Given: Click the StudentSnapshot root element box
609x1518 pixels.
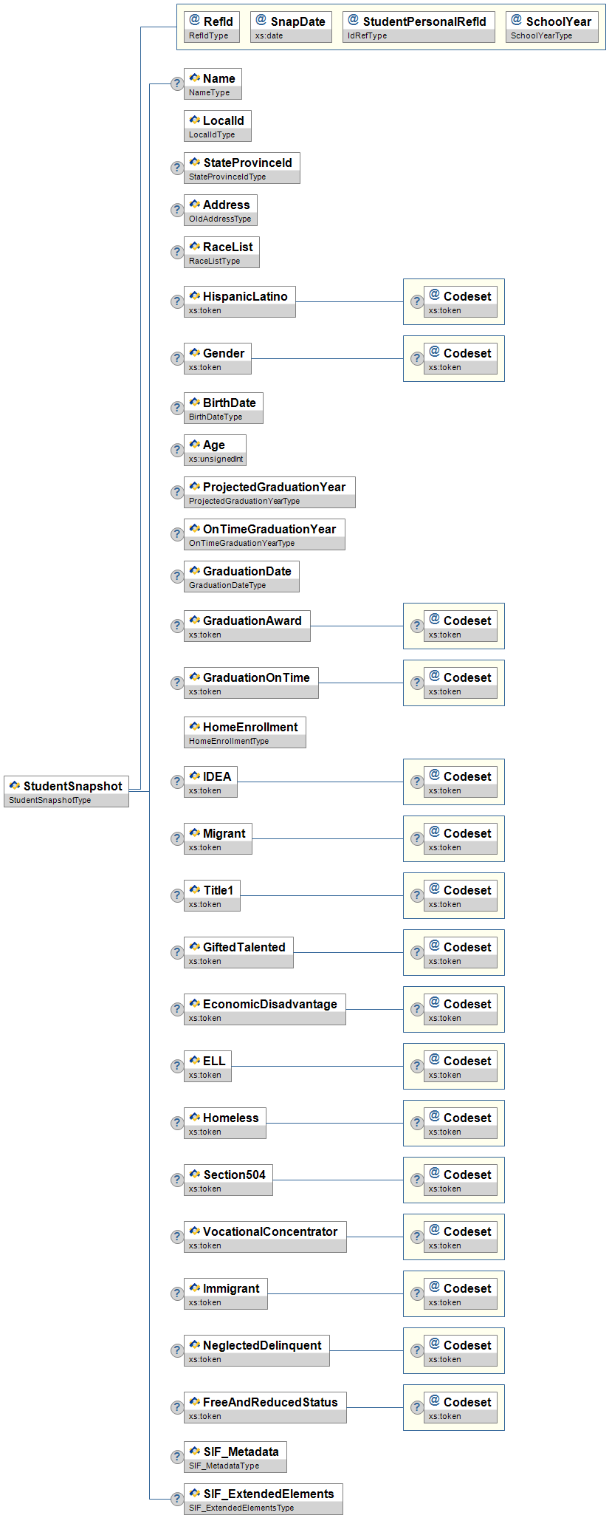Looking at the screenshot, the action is [x=66, y=791].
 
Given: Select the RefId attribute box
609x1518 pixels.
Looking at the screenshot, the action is [x=212, y=27].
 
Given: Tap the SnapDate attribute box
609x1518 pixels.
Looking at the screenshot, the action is [x=291, y=27].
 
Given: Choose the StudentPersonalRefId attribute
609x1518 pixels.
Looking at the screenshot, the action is [x=419, y=27].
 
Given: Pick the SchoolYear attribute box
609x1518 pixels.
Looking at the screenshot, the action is [x=552, y=27].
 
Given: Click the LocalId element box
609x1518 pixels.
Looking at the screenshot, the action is [x=218, y=126].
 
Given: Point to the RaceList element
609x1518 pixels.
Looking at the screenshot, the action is [x=221, y=252].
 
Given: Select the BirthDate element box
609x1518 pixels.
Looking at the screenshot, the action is [x=224, y=408].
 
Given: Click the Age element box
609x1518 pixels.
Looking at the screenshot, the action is [x=215, y=450].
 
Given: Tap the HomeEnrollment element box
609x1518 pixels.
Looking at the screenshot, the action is [x=245, y=732].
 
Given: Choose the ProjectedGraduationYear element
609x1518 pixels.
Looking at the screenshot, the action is [x=269, y=492].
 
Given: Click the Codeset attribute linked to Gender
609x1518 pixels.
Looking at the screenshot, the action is [x=461, y=358].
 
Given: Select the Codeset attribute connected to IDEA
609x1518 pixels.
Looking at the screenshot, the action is [x=461, y=782].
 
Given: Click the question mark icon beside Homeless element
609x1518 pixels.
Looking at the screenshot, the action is [x=177, y=1123].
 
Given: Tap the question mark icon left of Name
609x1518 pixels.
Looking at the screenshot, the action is [x=177, y=83].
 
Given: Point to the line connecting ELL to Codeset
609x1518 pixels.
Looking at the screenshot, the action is [x=317, y=1066].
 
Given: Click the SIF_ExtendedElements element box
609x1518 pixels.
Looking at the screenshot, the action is [x=264, y=1499].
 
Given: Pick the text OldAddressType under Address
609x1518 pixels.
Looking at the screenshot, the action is [x=220, y=219].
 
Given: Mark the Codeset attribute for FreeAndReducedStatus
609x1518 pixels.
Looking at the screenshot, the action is [x=461, y=1407].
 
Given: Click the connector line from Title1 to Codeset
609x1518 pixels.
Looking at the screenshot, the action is [x=322, y=895].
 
